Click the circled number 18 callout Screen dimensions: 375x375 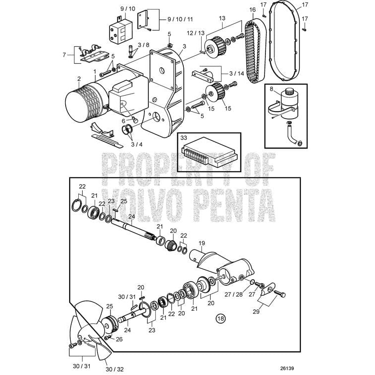click(x=220, y=317)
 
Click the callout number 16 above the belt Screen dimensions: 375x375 click(x=252, y=10)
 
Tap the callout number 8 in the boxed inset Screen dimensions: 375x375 click(x=271, y=90)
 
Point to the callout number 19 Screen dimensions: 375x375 click(x=201, y=244)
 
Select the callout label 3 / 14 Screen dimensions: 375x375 click(x=237, y=73)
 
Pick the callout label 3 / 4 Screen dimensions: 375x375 click(x=136, y=145)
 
